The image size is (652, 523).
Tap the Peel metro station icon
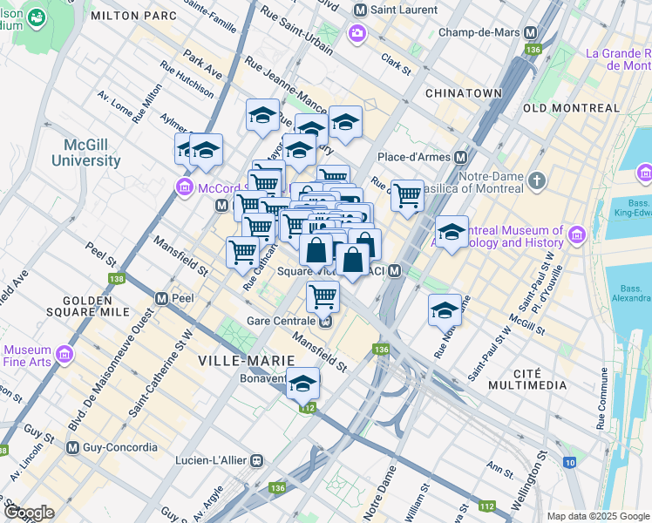pos(162,298)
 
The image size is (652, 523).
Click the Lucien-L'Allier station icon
pos(256,459)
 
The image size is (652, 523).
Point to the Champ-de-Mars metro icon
pos(529,32)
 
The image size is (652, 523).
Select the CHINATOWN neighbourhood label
pos(463,92)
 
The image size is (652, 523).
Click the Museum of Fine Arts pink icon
pos(64,353)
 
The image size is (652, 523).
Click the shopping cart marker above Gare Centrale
pos(323,296)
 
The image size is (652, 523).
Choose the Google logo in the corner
pos(29,513)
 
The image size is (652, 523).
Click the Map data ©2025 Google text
pos(597,516)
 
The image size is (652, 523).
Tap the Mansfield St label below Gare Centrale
pos(320,353)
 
